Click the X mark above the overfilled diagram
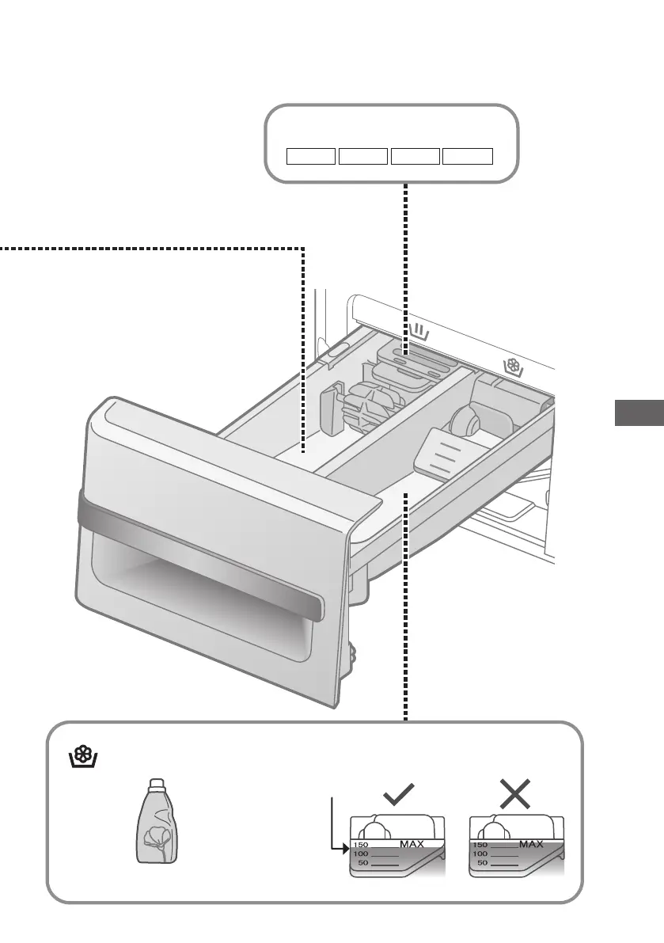(515, 793)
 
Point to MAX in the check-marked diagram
(412, 844)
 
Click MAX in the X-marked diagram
(531, 844)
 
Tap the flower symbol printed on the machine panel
(514, 366)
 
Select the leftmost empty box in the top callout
(311, 155)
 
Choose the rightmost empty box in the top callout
(467, 155)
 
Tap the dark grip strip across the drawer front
(198, 554)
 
